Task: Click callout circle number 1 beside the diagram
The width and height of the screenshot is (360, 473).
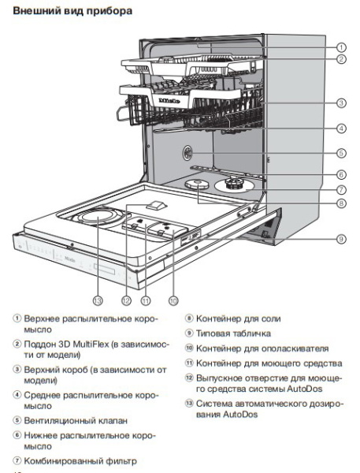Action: (x=342, y=47)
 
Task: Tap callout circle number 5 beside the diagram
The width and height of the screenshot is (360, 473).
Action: (x=342, y=154)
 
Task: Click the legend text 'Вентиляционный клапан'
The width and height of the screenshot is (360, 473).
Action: (x=78, y=422)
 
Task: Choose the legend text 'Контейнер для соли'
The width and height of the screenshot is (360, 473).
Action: (x=247, y=321)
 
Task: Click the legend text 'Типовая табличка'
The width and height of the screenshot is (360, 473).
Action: (x=241, y=335)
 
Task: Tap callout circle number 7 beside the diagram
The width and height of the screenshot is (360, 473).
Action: (x=342, y=190)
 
